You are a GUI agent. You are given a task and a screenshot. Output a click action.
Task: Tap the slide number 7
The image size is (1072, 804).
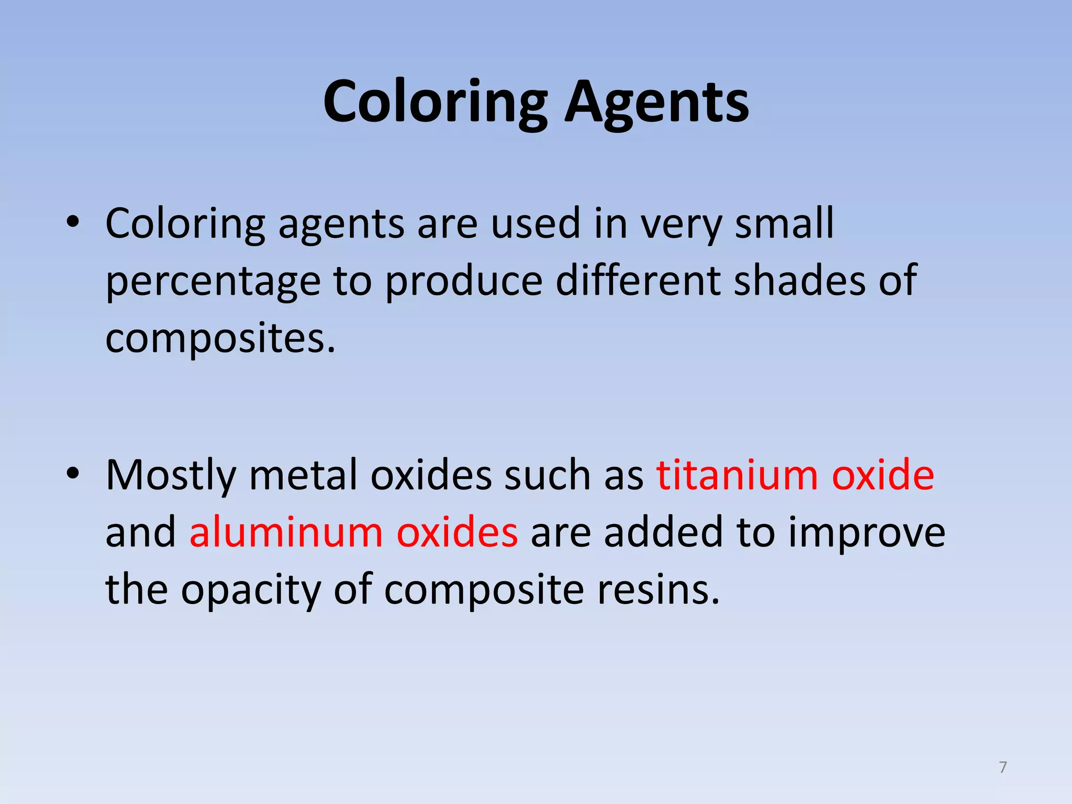click(1003, 767)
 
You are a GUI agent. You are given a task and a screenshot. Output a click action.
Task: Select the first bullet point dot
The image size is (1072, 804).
click(73, 222)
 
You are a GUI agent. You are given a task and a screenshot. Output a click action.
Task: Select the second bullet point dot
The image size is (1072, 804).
click(73, 473)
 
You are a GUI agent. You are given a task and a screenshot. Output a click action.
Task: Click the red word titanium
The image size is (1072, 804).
click(738, 475)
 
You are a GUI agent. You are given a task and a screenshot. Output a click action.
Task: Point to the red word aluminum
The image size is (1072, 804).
click(286, 532)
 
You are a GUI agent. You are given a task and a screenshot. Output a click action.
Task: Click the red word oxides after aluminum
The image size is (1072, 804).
click(457, 532)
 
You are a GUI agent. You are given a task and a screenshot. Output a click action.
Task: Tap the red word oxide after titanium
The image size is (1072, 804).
click(883, 475)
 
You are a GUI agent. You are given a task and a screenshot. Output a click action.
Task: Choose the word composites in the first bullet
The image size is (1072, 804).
click(220, 339)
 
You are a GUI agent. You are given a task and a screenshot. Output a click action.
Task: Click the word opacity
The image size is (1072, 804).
click(251, 590)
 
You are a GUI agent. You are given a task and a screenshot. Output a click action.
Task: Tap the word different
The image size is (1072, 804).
click(638, 281)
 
